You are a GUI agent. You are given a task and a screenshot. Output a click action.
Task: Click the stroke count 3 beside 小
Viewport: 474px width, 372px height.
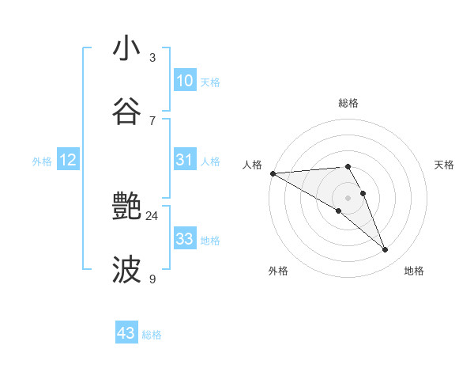click(152, 58)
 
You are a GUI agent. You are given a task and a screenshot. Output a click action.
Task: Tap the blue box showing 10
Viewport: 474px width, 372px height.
click(184, 81)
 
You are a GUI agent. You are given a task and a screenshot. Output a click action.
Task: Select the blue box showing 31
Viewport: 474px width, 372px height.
click(184, 160)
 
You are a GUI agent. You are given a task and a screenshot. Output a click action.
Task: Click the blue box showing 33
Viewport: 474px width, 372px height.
click(184, 239)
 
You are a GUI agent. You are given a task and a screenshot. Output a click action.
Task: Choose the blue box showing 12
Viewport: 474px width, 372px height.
click(67, 160)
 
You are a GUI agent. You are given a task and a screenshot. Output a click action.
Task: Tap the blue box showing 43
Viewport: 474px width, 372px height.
click(126, 333)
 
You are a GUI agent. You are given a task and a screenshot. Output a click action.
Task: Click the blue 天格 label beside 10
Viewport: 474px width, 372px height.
click(210, 82)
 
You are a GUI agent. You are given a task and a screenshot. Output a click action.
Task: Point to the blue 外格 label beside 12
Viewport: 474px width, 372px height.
click(42, 161)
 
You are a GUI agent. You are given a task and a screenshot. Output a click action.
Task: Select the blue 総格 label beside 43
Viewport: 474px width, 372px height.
click(152, 335)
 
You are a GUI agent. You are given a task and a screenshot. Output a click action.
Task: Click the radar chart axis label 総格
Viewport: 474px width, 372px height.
click(348, 103)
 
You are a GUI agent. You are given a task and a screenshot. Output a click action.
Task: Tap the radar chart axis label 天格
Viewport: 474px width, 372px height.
click(445, 165)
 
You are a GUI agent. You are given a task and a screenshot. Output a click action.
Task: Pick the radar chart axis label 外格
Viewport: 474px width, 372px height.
click(278, 271)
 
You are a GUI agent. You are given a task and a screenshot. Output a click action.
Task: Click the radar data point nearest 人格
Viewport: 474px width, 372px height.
click(273, 173)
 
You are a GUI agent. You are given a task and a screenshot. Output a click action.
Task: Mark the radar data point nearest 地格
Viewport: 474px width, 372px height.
click(385, 250)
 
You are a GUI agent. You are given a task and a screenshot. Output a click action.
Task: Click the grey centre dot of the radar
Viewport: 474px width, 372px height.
click(348, 198)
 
